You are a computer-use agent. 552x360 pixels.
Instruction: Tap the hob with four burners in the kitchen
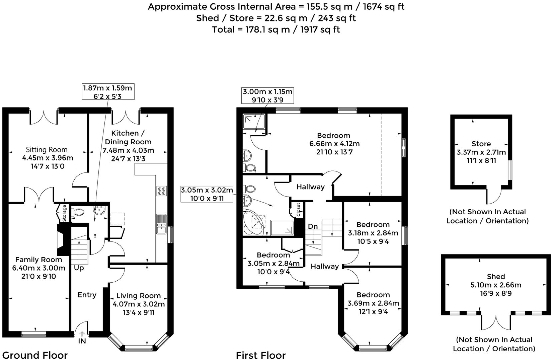(x=162, y=191)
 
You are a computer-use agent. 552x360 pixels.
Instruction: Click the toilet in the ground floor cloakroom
(x=79, y=212)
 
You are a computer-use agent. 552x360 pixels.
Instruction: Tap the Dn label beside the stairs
(x=313, y=227)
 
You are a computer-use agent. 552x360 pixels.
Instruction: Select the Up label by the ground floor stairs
(x=79, y=268)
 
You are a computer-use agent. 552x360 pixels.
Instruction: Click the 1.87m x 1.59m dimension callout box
(x=108, y=92)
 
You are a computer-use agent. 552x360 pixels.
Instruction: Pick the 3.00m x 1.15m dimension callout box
(x=268, y=95)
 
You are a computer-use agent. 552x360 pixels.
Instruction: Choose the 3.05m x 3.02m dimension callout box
(x=207, y=194)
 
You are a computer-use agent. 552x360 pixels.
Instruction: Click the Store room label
(x=481, y=144)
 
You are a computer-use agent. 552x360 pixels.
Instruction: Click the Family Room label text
(x=38, y=260)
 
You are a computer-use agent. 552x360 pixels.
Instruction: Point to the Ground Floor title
(x=35, y=355)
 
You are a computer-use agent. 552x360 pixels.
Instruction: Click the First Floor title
(x=261, y=355)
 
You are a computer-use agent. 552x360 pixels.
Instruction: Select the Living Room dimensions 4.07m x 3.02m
(x=139, y=304)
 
